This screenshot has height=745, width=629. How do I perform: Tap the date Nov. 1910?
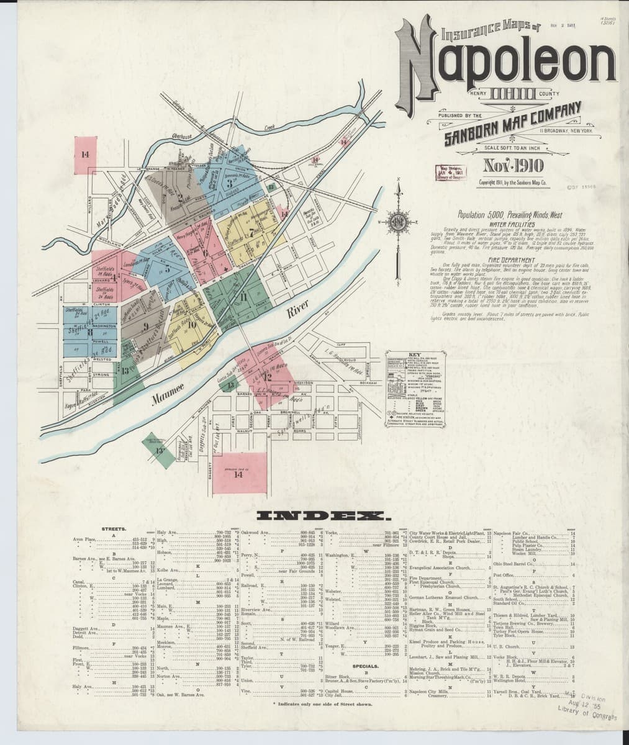point(513,165)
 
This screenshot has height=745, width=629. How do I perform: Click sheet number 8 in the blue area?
point(91,332)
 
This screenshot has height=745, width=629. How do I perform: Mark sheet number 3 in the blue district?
point(229,183)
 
